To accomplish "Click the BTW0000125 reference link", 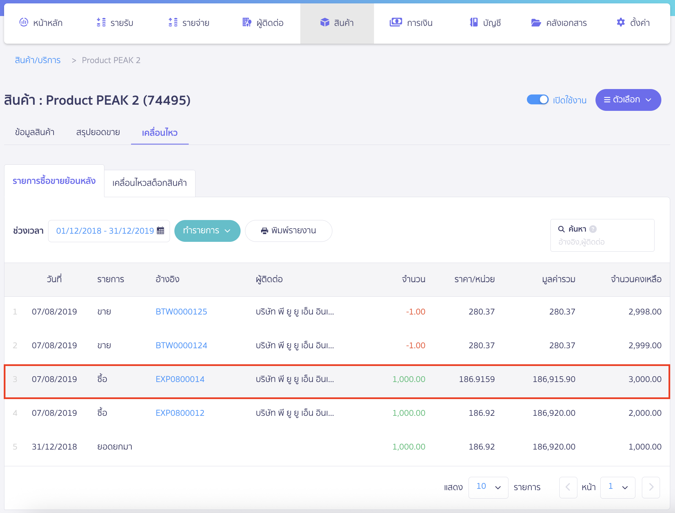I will [x=181, y=311].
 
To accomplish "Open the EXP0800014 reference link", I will [x=180, y=379].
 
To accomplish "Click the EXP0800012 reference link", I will [x=180, y=413].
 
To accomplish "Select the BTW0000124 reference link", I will [x=181, y=345].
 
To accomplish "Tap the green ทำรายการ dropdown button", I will [x=207, y=231].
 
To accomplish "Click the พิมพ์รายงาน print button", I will [x=288, y=231].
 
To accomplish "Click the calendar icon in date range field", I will [x=160, y=231].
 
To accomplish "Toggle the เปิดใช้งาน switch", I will [x=537, y=100].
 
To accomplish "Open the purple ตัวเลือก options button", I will [x=628, y=100].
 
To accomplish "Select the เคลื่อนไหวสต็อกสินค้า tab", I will [x=149, y=183].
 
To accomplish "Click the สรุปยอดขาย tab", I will [x=98, y=132].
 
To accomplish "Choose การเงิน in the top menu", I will [x=411, y=23].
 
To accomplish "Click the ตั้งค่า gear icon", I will [x=621, y=23].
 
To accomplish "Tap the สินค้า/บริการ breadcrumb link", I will [x=38, y=60].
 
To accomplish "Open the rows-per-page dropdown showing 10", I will [x=488, y=487].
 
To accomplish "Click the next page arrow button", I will [x=651, y=487].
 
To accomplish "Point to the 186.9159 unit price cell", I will [x=476, y=379].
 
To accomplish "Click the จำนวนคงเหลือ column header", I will [x=636, y=279].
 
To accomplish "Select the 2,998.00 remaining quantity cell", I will [x=645, y=311].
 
